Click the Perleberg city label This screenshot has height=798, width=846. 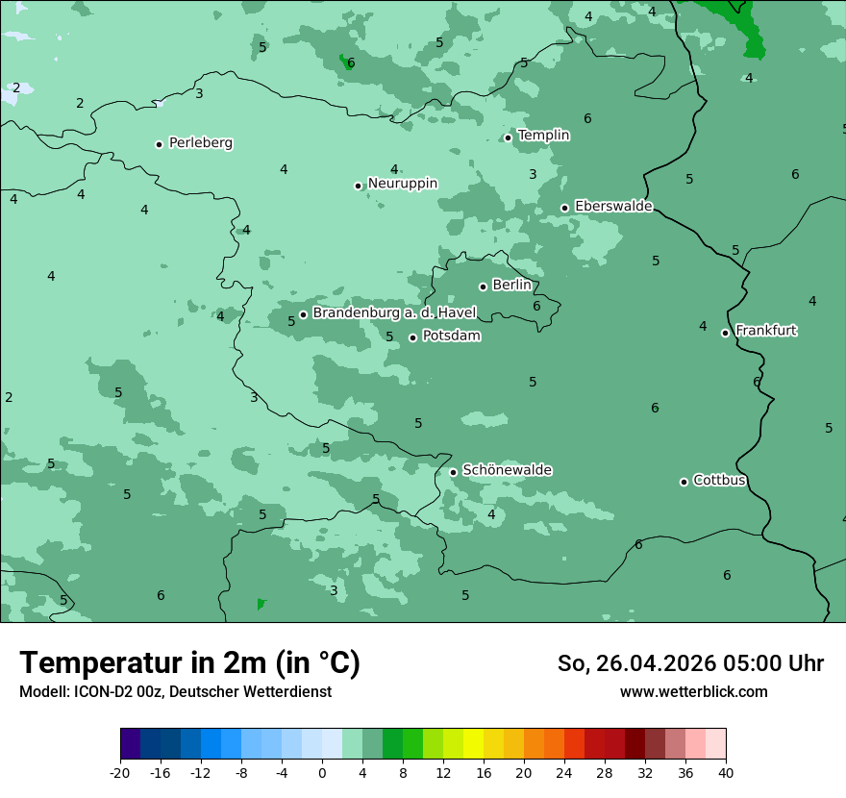200,143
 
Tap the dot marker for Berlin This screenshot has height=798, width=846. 483,287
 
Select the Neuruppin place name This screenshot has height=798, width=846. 402,184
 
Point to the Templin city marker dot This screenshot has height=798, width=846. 508,137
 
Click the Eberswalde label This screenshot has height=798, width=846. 613,207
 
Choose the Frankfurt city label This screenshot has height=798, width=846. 766,331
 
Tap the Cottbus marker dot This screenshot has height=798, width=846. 684,482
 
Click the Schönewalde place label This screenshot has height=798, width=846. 507,470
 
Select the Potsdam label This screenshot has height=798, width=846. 451,337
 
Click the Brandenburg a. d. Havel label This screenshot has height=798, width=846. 394,313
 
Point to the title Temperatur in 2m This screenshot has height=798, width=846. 189,663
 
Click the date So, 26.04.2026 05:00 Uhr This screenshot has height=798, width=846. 690,663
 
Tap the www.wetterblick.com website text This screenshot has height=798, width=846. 693,691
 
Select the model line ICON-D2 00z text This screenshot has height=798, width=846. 175,691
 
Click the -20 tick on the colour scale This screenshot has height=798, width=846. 120,772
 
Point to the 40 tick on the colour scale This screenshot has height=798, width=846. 726,772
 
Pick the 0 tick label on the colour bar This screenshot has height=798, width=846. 322,772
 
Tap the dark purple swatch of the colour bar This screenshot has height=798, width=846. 131,744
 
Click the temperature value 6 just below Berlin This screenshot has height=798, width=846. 536,307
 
